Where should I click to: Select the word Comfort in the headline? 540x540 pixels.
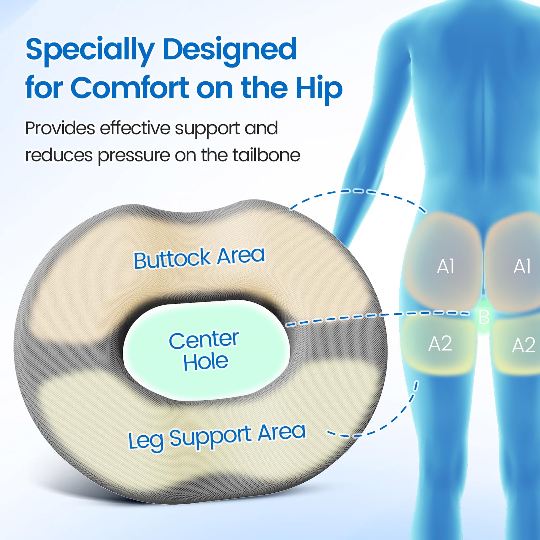[130, 88]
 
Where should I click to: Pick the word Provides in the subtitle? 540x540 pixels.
[60, 128]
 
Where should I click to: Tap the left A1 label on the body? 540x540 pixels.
[446, 267]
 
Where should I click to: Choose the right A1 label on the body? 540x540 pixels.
[522, 266]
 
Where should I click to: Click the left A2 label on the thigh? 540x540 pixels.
[440, 344]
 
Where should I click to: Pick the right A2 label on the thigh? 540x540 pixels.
[524, 345]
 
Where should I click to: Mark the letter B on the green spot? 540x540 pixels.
[484, 317]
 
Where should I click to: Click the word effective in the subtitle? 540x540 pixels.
[135, 128]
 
